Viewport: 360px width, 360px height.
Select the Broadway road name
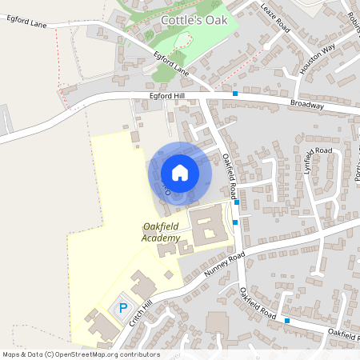click(307, 105)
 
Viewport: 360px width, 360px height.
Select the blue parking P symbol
click(123, 307)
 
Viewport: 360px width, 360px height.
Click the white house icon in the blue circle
click(180, 172)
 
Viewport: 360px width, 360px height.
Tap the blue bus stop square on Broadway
click(235, 94)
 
